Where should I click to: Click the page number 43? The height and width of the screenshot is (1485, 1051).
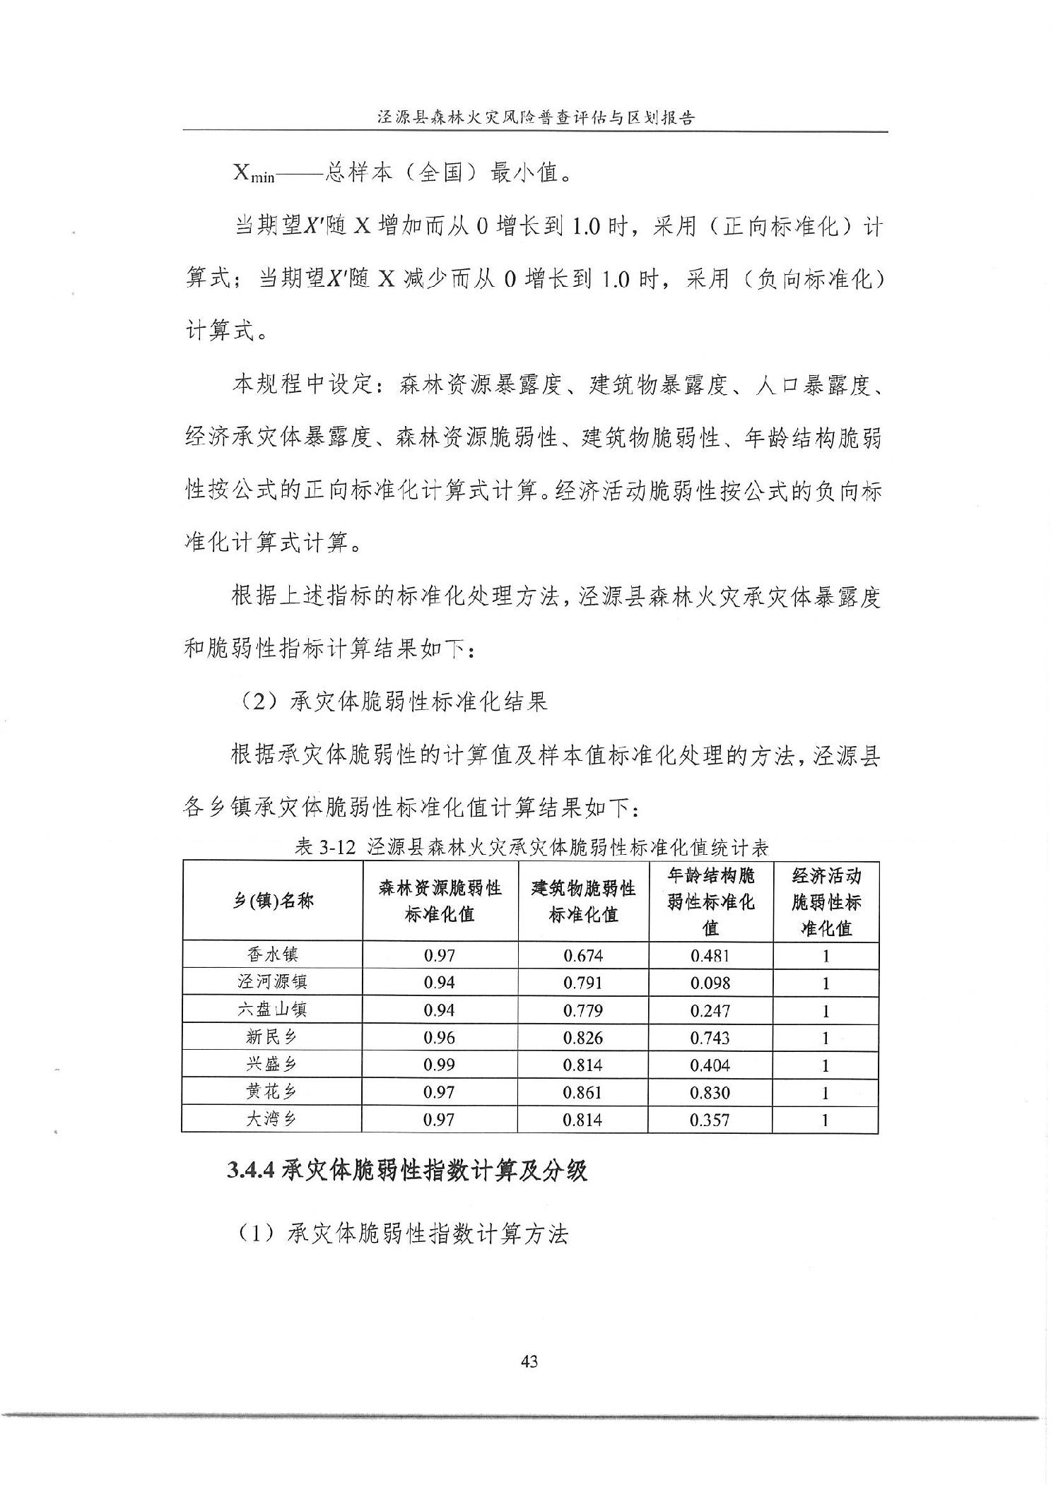coord(529,1361)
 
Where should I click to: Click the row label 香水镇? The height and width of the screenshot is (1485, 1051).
coord(272,955)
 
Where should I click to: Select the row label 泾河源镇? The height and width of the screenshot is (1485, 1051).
coord(272,982)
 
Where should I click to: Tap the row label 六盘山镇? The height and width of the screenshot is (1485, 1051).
coord(272,1010)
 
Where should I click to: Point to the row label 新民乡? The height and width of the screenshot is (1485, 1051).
coord(272,1037)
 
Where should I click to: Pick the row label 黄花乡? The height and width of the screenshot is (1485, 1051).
coord(272,1092)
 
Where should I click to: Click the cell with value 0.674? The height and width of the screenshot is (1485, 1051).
coord(583,956)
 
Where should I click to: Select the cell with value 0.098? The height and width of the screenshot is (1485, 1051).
coord(710,983)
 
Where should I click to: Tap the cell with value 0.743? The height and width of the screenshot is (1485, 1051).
coord(710,1038)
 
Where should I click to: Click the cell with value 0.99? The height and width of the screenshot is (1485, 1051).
coord(439,1065)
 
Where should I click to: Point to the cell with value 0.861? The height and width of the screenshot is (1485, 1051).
coord(583,1092)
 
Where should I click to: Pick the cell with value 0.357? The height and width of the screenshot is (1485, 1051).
coord(710,1120)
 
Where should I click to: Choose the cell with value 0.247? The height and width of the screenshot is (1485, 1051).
coord(710,1010)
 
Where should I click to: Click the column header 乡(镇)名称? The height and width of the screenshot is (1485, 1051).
coord(273,901)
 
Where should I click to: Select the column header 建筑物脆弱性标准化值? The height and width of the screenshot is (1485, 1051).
coord(583,901)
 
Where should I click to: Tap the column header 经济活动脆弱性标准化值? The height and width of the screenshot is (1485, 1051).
coord(826,901)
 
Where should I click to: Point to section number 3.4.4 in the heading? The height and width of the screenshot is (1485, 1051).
coord(251,1171)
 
